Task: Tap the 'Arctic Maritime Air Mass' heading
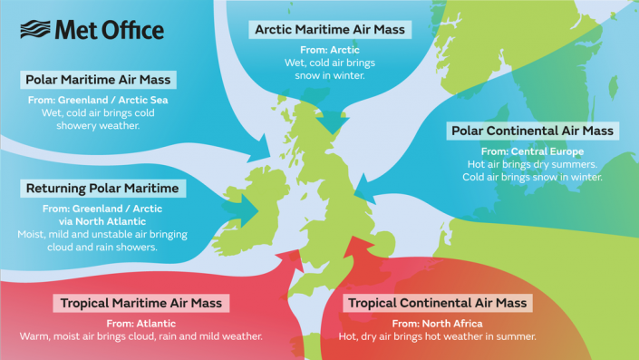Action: click(330, 30)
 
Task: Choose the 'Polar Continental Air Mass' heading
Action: click(533, 131)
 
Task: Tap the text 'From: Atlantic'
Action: click(141, 322)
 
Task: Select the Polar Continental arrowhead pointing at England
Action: click(364, 191)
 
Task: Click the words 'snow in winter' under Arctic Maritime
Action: click(330, 77)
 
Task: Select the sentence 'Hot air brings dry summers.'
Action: click(533, 164)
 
